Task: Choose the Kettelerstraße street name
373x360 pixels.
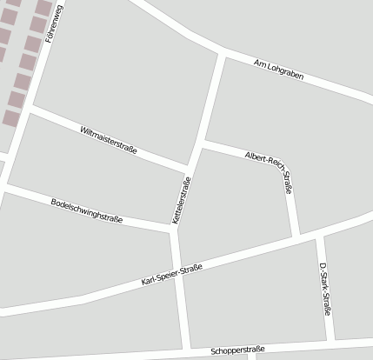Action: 182,202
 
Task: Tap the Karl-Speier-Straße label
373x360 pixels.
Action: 171,276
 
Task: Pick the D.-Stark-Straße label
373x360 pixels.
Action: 324,288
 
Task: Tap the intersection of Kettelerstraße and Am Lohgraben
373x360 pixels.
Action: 223,56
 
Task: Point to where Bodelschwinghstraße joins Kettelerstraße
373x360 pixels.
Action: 174,230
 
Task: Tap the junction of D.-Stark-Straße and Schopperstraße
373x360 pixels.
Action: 331,341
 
